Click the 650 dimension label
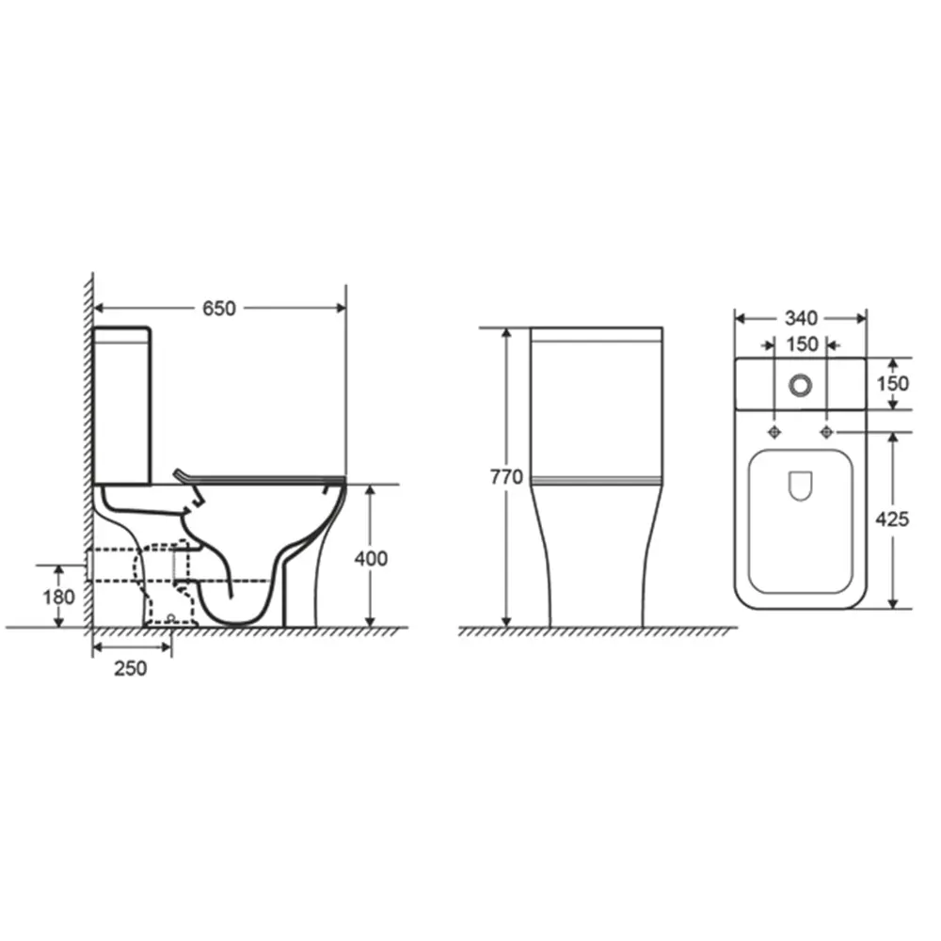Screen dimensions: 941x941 (217, 308)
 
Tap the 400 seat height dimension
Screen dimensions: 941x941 (371, 558)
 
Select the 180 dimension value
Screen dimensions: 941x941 (58, 597)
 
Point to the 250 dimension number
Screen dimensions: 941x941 (131, 668)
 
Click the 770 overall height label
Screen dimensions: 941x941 (506, 477)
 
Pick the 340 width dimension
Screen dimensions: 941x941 (800, 318)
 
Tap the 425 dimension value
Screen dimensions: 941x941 (891, 518)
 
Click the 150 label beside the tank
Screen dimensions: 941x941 (892, 383)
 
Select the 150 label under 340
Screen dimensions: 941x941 (802, 344)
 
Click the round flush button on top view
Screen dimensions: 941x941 (801, 384)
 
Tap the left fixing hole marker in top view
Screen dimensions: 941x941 (774, 432)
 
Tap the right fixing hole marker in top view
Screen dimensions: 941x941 (827, 432)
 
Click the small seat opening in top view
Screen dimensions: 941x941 (800, 485)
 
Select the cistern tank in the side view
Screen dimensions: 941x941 (122, 405)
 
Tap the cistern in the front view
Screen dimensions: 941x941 (597, 405)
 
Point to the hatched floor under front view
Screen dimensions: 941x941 (598, 631)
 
